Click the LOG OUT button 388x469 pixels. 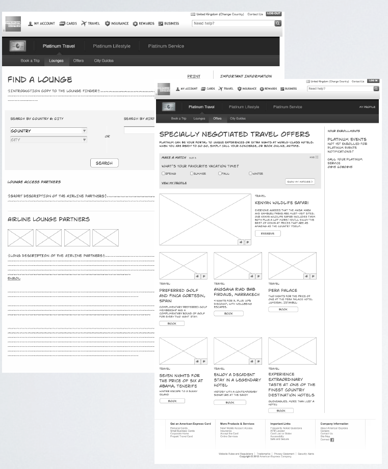point(274,14)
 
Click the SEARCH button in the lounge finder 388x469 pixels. point(104,163)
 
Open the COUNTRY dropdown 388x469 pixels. point(48,131)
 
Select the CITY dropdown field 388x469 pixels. point(48,140)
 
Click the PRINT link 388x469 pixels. point(194,76)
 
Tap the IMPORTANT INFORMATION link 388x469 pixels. point(246,76)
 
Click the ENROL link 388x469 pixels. point(14,279)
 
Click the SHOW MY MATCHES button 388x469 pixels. point(299,181)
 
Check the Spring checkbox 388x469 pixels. point(163,174)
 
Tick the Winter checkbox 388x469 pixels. point(250,174)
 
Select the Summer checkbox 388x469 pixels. point(192,174)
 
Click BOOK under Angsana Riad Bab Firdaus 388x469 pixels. point(228,314)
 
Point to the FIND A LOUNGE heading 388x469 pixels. point(40,80)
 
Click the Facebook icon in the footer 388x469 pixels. point(332,440)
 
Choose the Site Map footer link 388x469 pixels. point(325,436)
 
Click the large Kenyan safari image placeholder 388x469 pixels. point(205,219)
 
